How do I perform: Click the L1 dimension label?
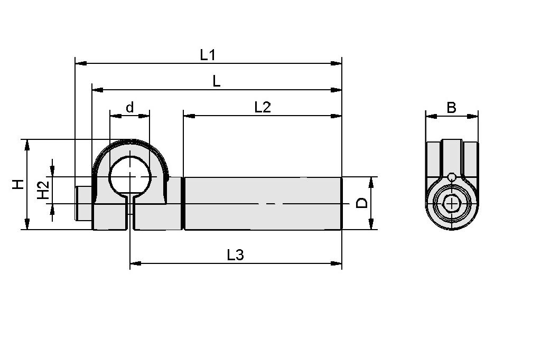(x=208, y=54)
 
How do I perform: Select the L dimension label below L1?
(x=216, y=81)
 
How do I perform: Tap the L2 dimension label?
(x=262, y=107)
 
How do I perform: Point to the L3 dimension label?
(x=235, y=255)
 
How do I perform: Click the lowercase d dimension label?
(x=129, y=108)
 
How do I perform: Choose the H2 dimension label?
(x=43, y=190)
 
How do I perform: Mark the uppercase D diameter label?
(x=362, y=203)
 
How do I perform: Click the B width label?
(x=451, y=108)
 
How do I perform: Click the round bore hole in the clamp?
(x=129, y=176)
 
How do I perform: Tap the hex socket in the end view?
(x=452, y=203)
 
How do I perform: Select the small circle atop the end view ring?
(x=452, y=177)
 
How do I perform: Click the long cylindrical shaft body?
(x=263, y=203)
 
